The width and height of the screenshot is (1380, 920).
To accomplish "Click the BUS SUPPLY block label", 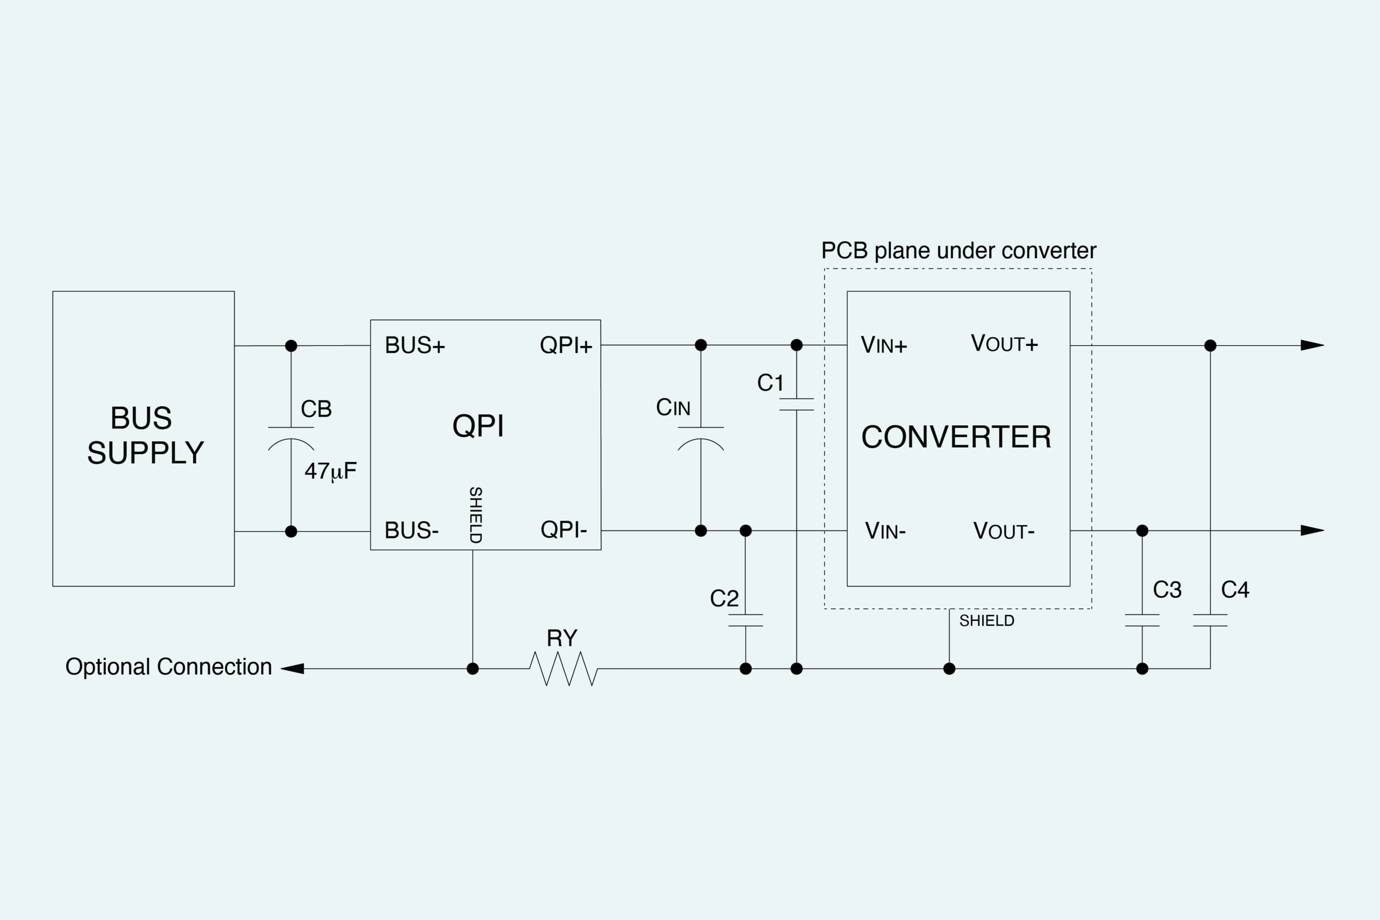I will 144,436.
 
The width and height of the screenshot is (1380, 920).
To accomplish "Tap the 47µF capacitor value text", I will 330,471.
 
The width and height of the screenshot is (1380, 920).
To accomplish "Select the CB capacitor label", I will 316,409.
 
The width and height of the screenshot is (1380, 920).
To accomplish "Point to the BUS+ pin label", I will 414,346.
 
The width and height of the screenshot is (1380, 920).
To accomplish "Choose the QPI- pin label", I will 563,530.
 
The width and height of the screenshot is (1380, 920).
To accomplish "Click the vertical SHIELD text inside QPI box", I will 475,514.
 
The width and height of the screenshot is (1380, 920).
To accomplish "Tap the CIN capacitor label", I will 672,407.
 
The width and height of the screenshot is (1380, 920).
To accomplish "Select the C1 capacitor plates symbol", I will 796,404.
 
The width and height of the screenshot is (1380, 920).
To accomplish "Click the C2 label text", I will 724,598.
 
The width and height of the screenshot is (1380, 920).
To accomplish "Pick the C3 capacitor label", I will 1166,590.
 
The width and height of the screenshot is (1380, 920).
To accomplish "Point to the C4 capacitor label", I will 1234,590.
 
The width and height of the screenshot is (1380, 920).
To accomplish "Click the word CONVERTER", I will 956,437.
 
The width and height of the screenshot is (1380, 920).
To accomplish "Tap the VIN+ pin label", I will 883,346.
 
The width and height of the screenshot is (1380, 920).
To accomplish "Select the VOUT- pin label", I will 1003,531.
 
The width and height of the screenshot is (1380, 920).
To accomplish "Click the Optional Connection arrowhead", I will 292,669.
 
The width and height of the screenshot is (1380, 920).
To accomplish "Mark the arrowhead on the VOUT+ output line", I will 1312,345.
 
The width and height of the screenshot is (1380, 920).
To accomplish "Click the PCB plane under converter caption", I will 958,251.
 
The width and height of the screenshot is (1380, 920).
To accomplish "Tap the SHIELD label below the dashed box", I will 986,621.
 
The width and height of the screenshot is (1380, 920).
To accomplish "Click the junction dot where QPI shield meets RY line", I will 472,669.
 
